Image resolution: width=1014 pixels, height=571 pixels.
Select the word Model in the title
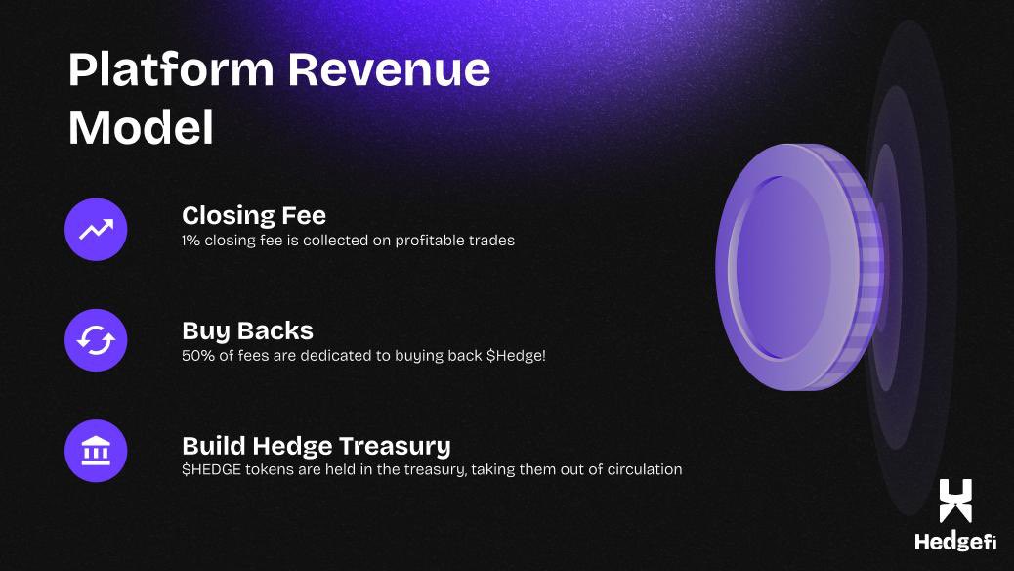coord(141,128)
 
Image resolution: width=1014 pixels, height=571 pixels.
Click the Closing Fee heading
coord(254,215)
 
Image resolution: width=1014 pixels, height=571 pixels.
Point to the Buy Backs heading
coord(247,330)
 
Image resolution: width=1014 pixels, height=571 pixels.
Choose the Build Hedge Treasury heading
coord(316,446)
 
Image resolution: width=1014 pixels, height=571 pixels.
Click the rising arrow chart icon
coord(96,230)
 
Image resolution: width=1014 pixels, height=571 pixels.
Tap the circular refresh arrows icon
coord(96,340)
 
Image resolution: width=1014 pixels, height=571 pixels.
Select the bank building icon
coord(96,451)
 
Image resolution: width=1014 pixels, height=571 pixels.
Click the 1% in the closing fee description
coord(191,240)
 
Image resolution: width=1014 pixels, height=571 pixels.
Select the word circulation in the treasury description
coord(642,469)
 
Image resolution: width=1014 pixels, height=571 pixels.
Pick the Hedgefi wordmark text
coord(954,543)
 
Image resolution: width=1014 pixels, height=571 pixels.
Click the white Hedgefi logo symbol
coord(955,501)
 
